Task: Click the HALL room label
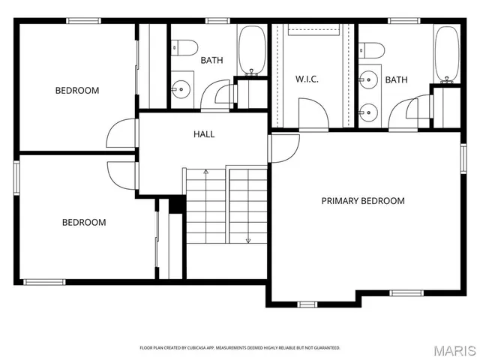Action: [x=204, y=134]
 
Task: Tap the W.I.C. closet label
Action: [x=308, y=79]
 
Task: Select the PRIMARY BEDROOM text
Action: [x=363, y=201]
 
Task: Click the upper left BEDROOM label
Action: [x=77, y=91]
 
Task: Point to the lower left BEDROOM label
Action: [x=83, y=222]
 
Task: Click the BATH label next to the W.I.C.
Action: [x=396, y=79]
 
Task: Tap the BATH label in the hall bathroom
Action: [x=211, y=59]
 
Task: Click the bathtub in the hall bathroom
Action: [x=252, y=51]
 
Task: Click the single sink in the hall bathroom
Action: [x=181, y=88]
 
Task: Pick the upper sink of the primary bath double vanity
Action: [x=367, y=78]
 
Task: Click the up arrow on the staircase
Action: [x=206, y=174]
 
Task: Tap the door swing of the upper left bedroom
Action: [x=120, y=135]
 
